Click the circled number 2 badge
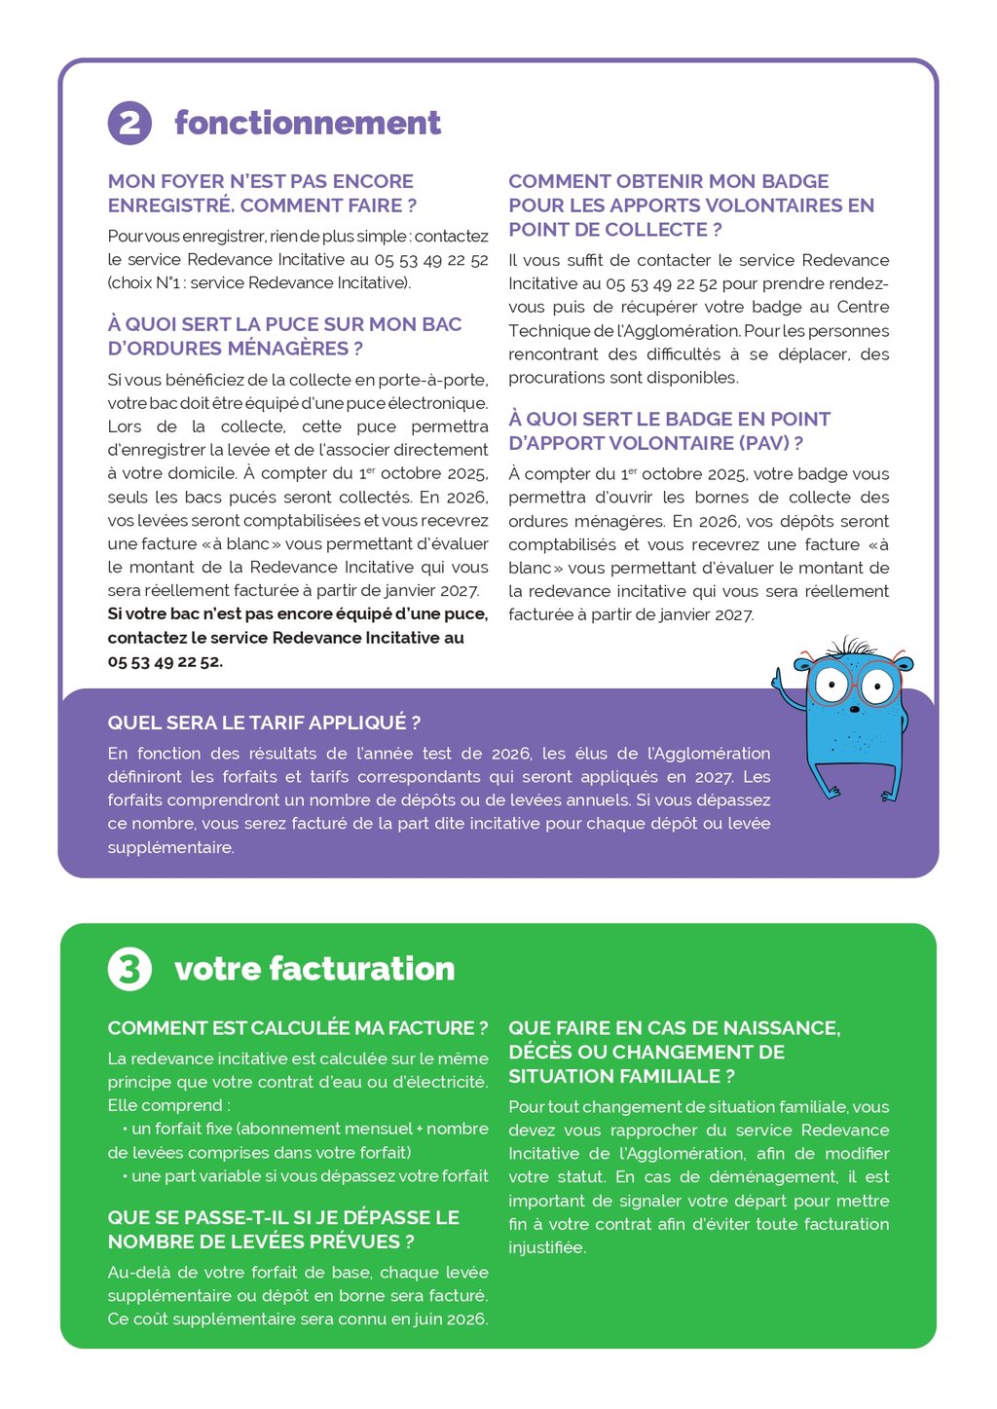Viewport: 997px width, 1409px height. [129, 123]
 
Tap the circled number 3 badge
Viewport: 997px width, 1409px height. [129, 969]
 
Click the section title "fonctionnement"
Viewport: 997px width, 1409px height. [307, 123]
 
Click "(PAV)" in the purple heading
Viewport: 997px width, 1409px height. [763, 443]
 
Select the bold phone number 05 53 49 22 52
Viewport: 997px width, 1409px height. [165, 661]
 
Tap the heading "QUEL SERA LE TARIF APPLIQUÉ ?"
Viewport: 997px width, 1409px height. [264, 723]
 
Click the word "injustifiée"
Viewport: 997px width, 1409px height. [546, 1247]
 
